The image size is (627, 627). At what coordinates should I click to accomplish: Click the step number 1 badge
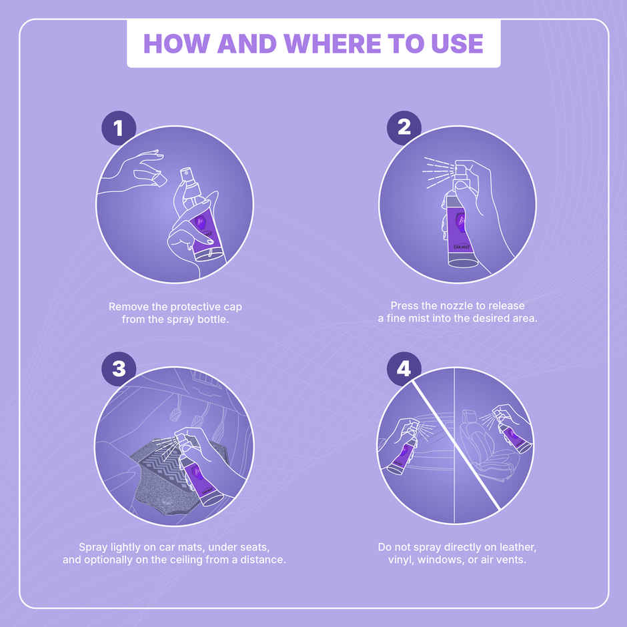click(x=119, y=127)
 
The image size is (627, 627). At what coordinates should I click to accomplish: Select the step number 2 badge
click(x=404, y=127)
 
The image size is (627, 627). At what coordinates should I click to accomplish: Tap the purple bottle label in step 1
click(x=200, y=230)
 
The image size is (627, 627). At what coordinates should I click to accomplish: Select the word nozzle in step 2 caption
click(x=461, y=306)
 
